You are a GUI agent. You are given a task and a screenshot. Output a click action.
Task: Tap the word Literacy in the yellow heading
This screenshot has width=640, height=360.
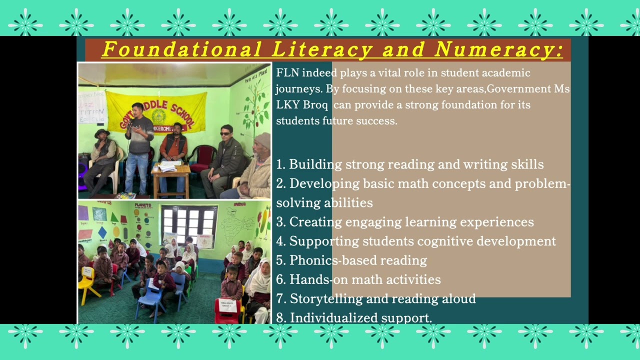coord(322,50)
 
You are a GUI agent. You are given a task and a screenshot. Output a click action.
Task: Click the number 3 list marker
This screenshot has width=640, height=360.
coord(280,222)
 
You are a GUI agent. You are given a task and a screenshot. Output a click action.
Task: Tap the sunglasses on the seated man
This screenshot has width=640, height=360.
coord(226,133)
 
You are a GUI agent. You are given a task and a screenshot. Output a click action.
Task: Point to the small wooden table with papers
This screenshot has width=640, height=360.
coord(170,175)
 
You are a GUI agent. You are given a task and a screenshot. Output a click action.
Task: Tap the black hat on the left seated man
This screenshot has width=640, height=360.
coord(102,132)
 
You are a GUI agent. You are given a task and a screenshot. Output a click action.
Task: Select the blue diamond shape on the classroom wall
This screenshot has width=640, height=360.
coord(102,232)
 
